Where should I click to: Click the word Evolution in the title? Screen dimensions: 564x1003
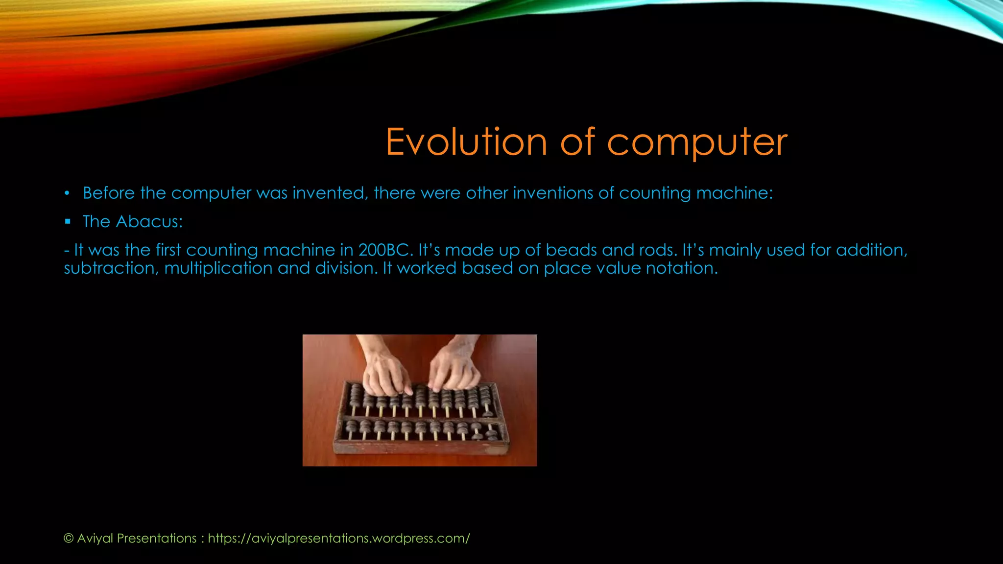coord(466,142)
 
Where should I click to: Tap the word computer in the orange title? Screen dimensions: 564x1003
coord(697,143)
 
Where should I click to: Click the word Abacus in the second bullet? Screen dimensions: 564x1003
coord(149,222)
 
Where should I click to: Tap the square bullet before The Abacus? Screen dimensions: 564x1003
coord(68,222)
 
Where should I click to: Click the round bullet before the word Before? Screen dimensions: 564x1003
coord(68,193)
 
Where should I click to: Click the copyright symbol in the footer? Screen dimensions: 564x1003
coord(69,539)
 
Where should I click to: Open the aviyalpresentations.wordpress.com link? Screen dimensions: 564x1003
coord(338,539)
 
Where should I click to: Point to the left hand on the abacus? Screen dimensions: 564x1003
coord(384,372)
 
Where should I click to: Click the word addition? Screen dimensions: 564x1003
coord(871,250)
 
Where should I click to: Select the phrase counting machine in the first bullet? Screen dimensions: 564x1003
coord(695,193)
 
